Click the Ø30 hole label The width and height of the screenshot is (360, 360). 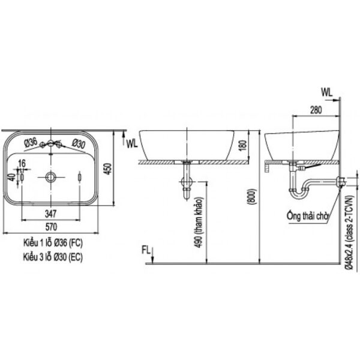(77, 143)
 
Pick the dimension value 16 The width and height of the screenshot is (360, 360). (22, 163)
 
